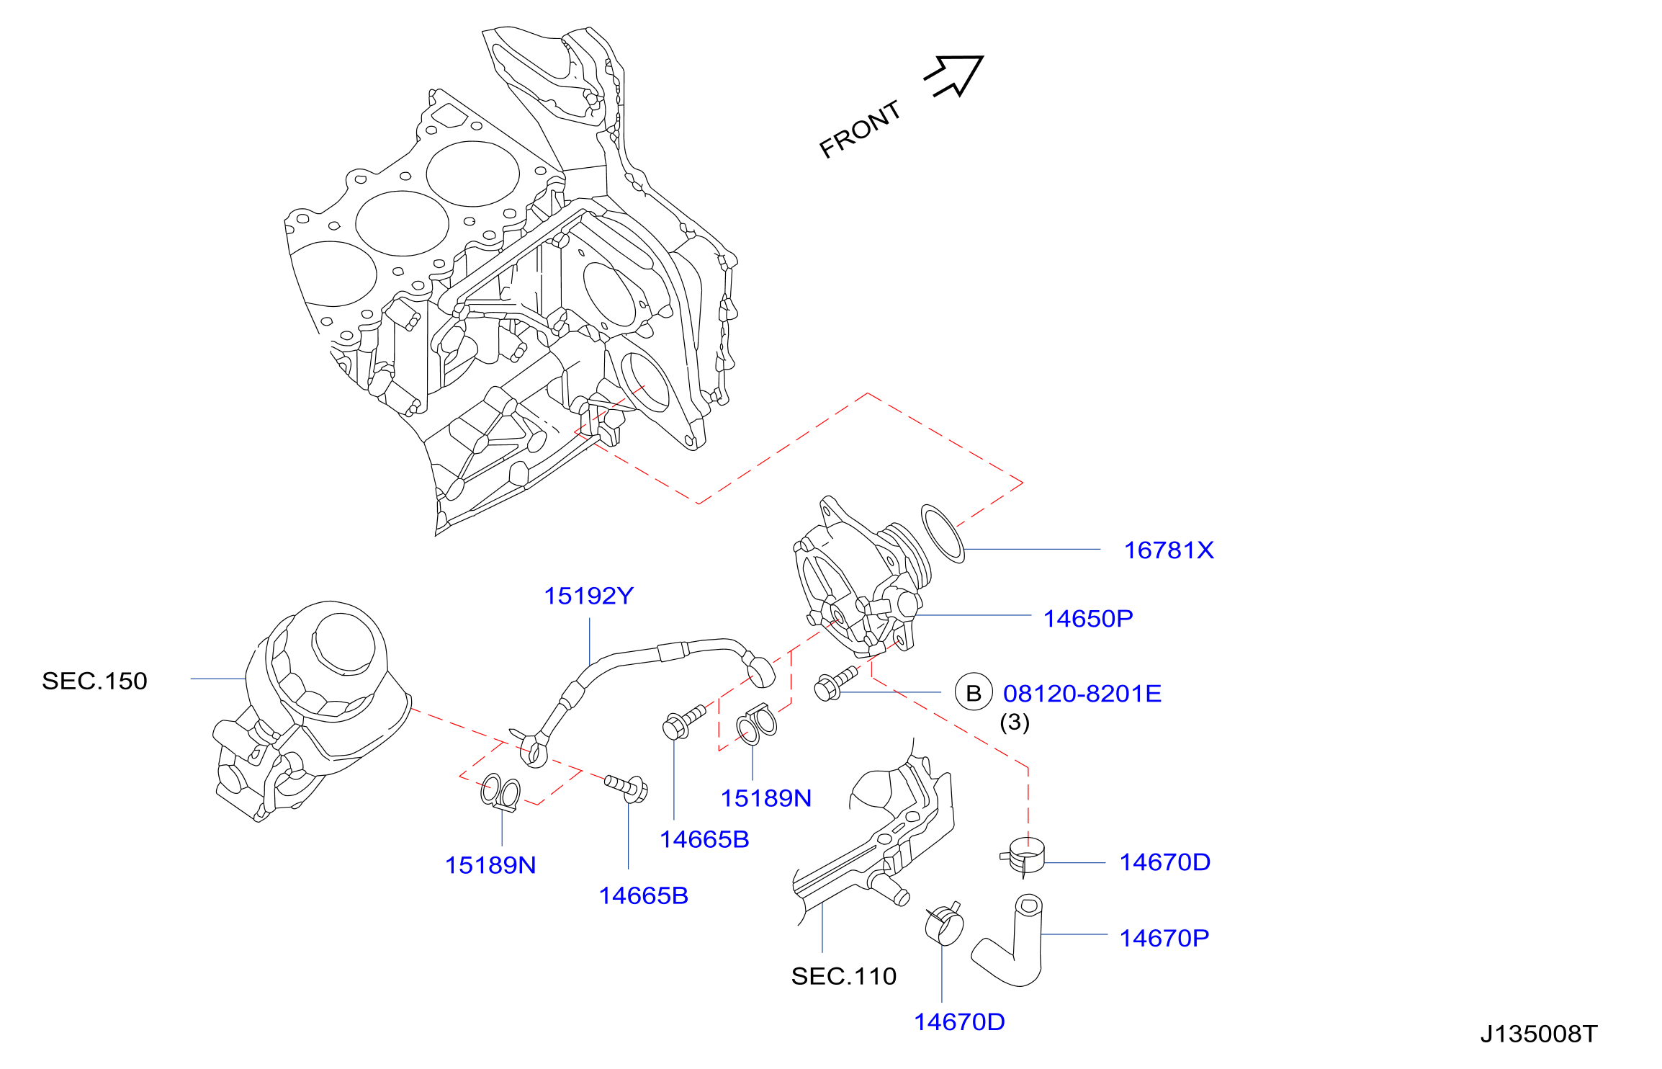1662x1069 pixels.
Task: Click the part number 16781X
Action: (1169, 550)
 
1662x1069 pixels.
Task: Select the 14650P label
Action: (1088, 618)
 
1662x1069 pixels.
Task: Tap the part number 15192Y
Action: (588, 596)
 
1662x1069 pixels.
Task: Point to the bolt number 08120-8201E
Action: (1082, 693)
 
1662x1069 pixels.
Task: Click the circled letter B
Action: (974, 692)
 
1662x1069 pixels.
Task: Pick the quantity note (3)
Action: (1015, 722)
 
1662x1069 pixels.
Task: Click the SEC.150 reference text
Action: (94, 681)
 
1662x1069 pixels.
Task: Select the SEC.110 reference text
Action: (844, 976)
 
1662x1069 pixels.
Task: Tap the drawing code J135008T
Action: (1539, 1034)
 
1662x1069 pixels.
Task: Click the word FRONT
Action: (861, 130)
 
